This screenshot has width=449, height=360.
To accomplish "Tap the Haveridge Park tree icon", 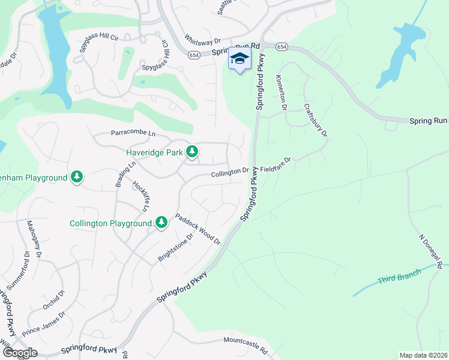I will (192, 152).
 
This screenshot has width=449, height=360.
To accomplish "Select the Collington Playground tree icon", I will (161, 223).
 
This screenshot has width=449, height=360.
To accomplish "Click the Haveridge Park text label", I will (154, 153).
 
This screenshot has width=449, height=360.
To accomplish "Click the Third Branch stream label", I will (399, 276).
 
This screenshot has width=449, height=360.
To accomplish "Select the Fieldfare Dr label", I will (276, 165).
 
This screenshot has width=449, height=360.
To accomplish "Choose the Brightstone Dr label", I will (175, 247).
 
